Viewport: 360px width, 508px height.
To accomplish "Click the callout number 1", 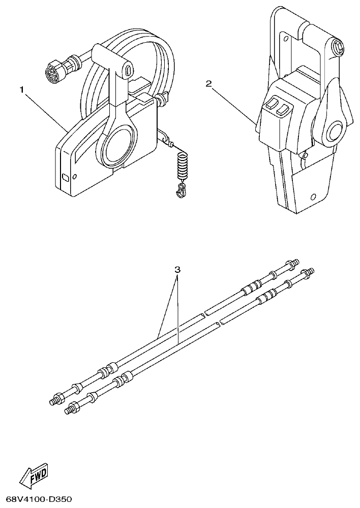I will pos(22,89).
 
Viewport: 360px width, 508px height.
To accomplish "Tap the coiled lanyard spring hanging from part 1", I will pos(181,167).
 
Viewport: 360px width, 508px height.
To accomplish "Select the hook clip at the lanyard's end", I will pos(179,190).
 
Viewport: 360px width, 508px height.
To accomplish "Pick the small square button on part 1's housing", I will pos(64,177).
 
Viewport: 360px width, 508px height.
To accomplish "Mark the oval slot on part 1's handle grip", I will pos(128,67).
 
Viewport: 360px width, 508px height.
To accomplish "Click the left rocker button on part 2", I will pos(271,104).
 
